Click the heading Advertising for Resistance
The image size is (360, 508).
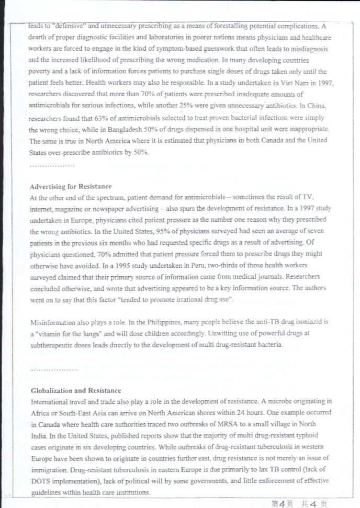[x=71, y=186]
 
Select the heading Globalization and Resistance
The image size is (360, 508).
[x=76, y=390]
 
